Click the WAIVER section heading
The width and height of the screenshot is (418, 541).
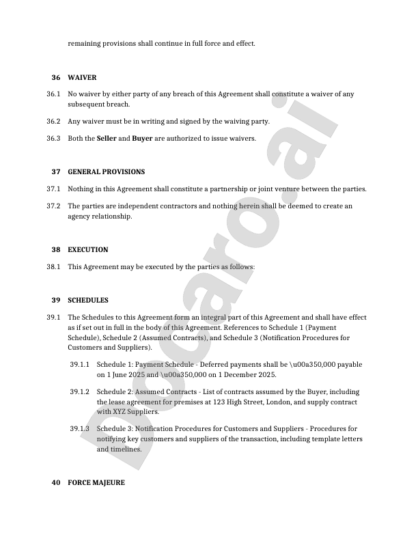coord(82,78)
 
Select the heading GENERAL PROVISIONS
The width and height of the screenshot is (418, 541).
coord(106,172)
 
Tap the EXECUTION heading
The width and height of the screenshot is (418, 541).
coord(87,250)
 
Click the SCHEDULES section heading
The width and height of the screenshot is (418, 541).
coord(87,301)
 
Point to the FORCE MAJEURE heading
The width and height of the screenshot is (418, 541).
coord(96,483)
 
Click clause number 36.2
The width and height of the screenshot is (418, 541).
coord(54,122)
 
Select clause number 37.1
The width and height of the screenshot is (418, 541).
coord(54,189)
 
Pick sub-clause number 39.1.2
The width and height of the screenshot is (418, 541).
coord(80,392)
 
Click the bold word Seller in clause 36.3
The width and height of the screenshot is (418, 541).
coord(107,139)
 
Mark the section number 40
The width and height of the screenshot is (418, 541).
coord(56,483)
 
